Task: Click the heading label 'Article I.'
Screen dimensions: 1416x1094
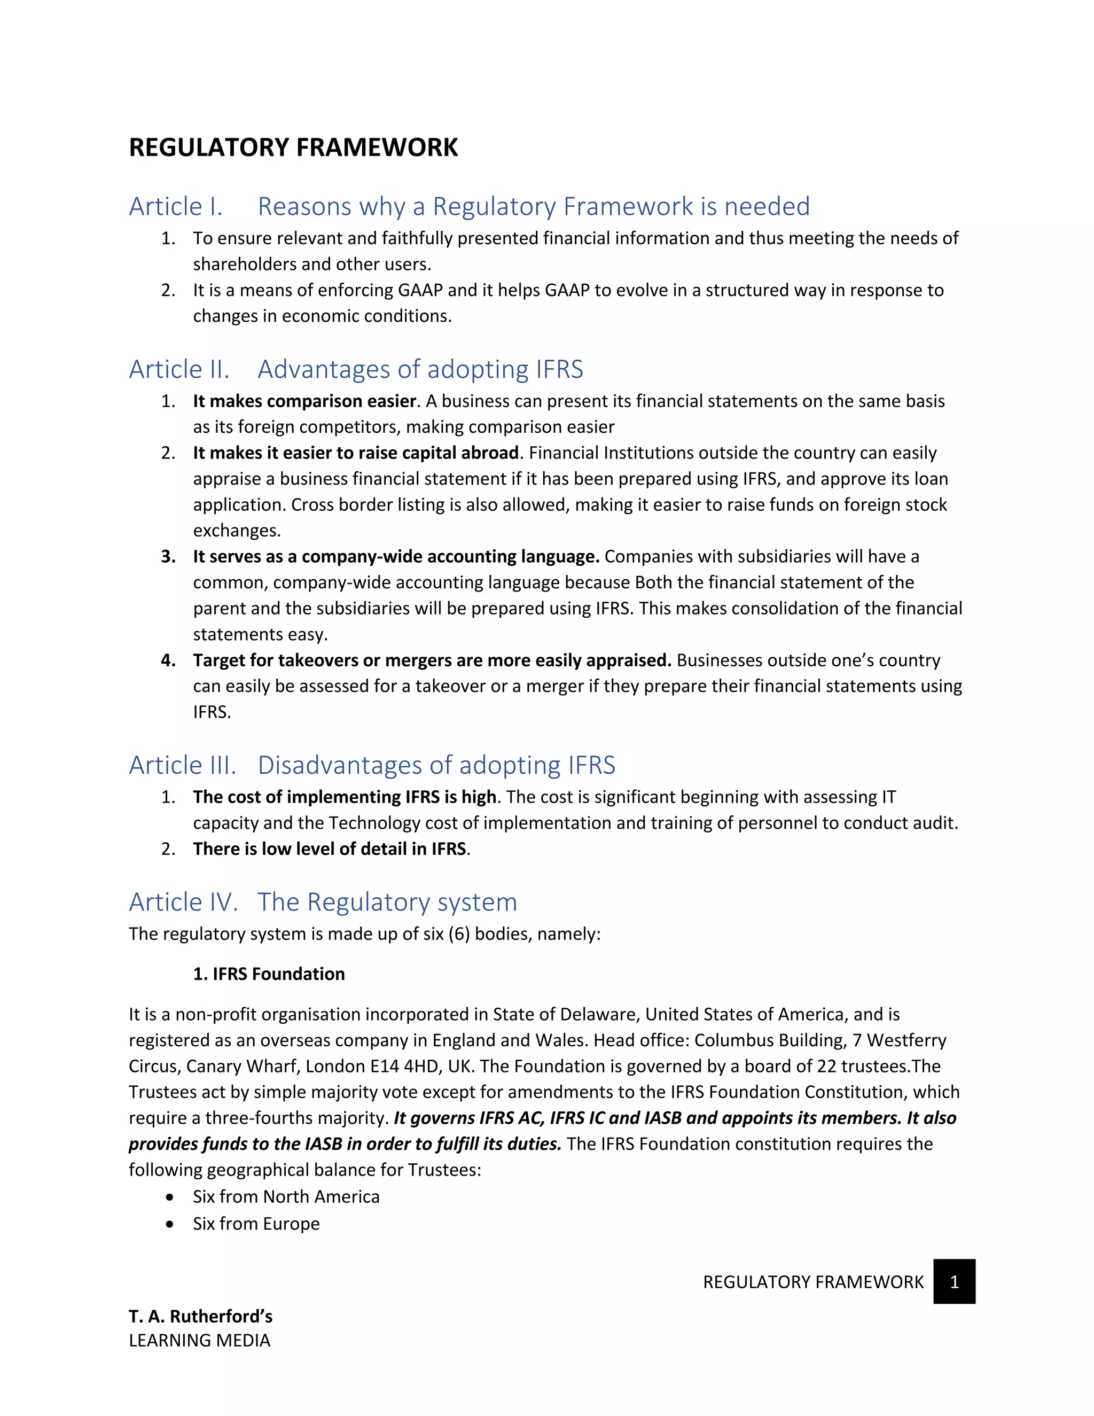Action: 176,206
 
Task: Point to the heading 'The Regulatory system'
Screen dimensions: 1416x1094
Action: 387,902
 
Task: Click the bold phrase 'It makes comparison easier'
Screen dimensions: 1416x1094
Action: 304,401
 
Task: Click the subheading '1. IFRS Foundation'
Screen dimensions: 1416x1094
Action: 269,974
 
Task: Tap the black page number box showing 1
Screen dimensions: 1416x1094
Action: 954,1282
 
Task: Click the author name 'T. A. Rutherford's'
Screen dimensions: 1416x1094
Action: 200,1316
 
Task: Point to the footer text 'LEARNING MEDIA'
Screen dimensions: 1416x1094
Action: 199,1340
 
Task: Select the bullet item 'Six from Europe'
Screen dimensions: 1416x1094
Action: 256,1224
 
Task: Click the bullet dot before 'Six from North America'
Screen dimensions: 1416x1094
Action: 170,1197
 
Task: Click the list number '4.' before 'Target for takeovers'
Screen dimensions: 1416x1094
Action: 168,660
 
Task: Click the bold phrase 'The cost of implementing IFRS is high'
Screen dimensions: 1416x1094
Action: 344,797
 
